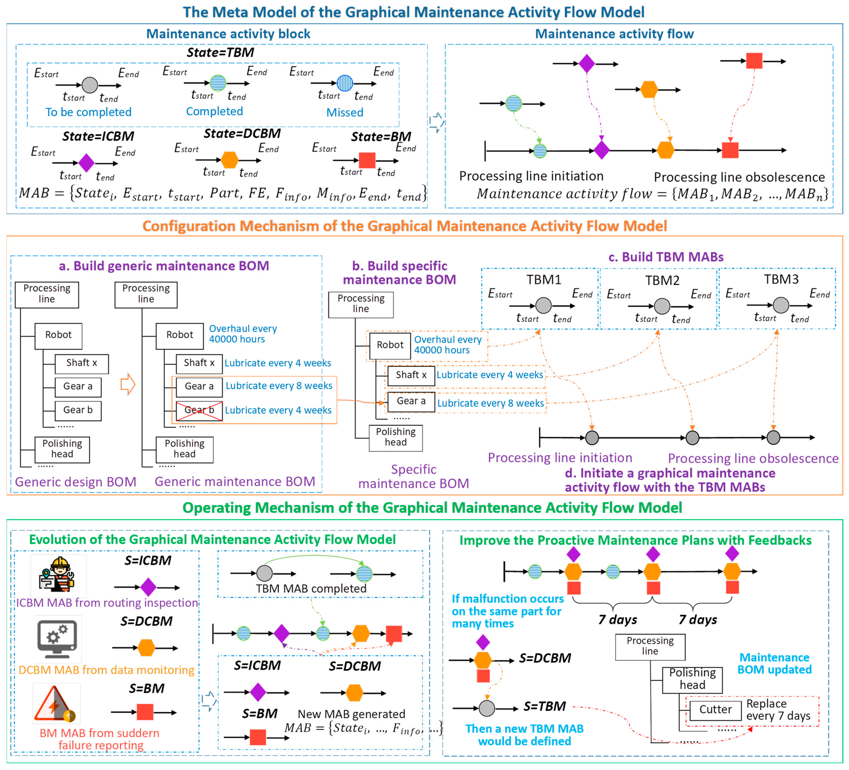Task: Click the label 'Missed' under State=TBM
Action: pos(344,112)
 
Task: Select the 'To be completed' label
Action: pos(88,112)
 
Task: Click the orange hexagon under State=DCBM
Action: pos(230,160)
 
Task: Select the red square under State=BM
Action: pos(367,160)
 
